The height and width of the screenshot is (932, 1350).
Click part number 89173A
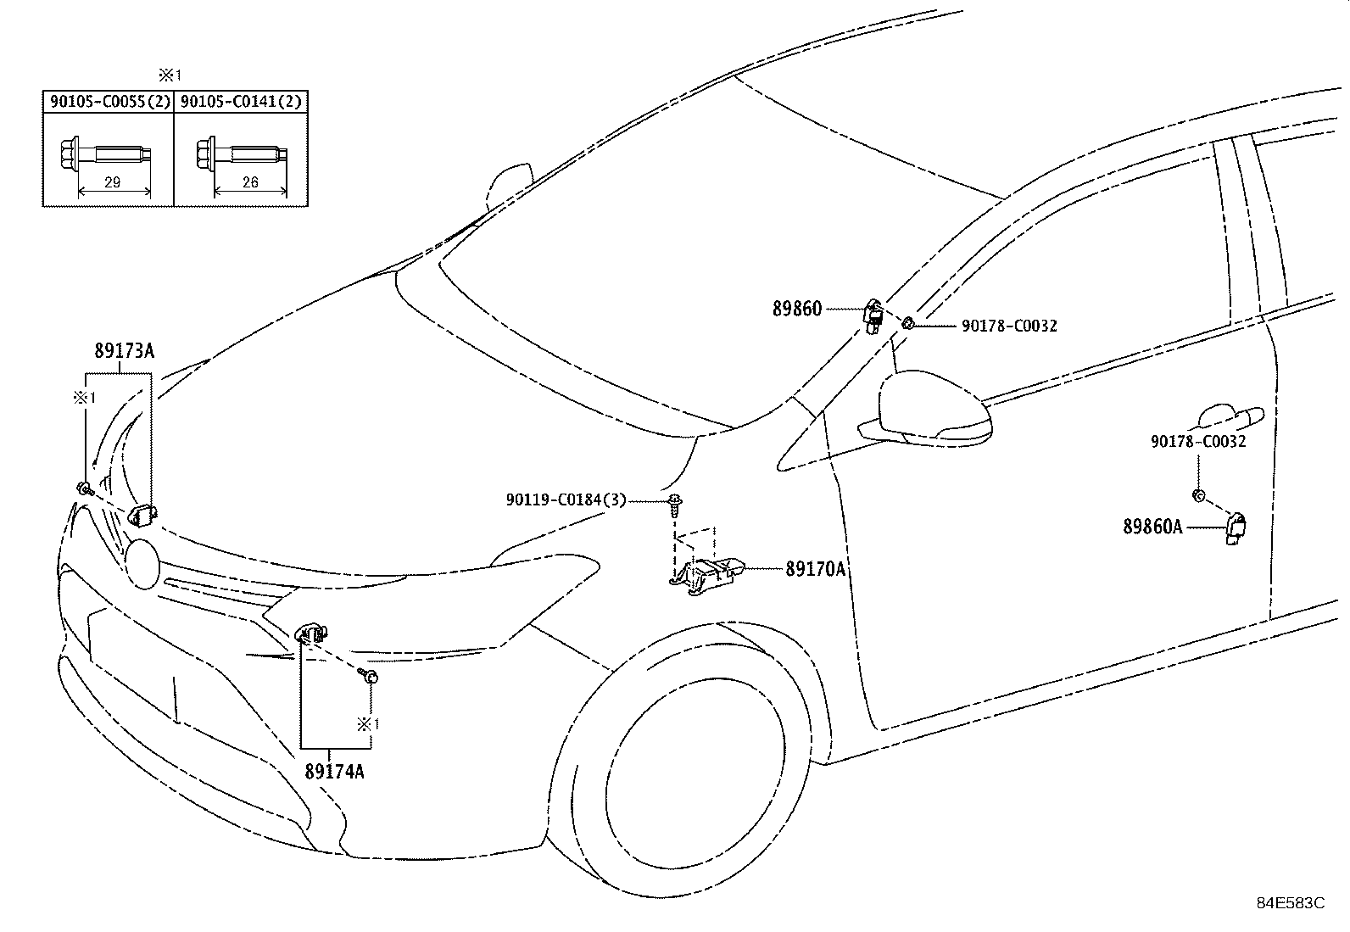(124, 350)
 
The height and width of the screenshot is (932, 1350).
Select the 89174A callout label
(334, 771)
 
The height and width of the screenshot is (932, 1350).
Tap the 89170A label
(816, 568)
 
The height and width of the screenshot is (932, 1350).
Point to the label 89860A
(1153, 527)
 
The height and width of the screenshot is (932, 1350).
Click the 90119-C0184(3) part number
(566, 499)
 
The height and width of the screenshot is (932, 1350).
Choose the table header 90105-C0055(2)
(110, 101)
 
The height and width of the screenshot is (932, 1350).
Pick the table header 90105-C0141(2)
(241, 101)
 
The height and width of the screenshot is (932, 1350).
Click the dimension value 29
(113, 182)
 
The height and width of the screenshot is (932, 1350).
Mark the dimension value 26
(250, 182)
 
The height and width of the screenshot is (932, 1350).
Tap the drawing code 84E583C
(1291, 902)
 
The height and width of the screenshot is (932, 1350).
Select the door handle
(1230, 418)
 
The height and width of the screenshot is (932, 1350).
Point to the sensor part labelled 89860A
(1235, 528)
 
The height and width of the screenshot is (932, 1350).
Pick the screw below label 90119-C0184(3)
(676, 505)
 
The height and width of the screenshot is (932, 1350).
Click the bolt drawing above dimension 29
(106, 154)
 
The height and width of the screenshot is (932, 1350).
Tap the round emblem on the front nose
(142, 563)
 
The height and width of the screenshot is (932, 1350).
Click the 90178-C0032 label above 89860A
(1198, 441)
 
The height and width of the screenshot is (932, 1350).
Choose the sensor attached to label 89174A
(311, 633)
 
